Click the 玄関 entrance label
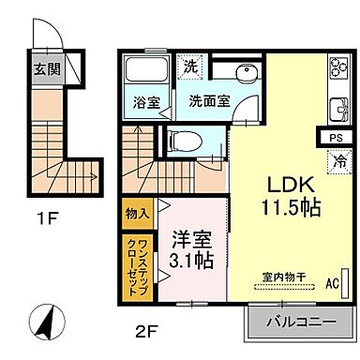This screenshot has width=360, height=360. click(45, 67)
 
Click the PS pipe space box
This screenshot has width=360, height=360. click(336, 137)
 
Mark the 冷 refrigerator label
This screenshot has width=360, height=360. click(337, 160)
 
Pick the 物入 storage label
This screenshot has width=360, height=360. click(137, 213)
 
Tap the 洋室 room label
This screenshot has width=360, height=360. click(193, 238)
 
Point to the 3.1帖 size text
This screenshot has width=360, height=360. click(193, 259)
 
